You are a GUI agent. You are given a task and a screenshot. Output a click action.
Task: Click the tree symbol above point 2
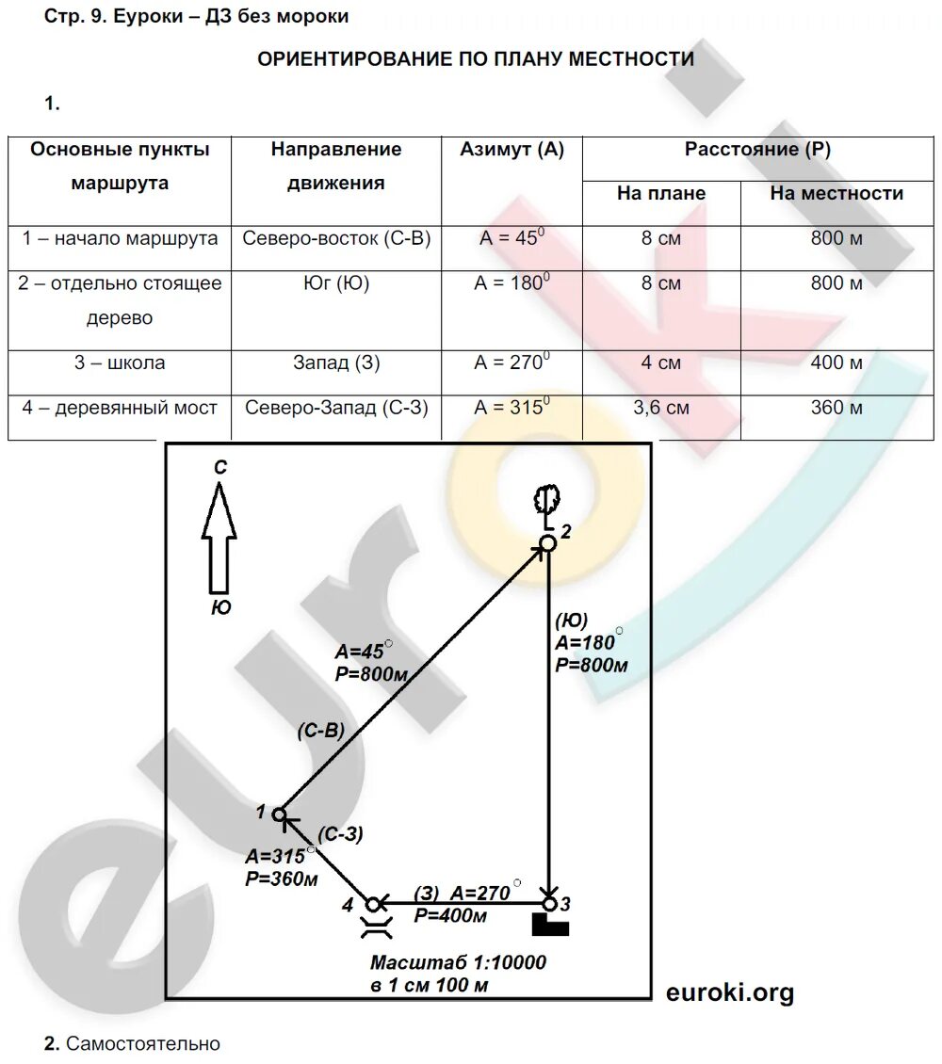point(546,500)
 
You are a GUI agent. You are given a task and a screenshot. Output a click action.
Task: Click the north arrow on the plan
point(219,537)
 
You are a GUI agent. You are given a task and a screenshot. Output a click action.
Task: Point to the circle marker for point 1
point(279,814)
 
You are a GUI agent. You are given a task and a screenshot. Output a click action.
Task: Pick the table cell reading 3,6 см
point(660,408)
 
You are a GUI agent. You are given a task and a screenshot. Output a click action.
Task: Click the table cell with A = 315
point(512,408)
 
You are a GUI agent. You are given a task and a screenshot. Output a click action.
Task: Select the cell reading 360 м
point(836,408)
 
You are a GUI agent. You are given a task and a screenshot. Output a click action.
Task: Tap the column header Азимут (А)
point(512,150)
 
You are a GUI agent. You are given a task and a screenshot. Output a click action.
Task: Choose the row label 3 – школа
point(120,363)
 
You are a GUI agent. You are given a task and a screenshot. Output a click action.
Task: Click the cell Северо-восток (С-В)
point(336,238)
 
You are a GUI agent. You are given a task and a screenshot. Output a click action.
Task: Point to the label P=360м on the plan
point(281,880)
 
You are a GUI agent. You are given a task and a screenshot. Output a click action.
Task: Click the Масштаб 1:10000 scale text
point(458,963)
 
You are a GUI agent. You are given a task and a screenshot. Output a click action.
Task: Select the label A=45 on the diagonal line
point(362,652)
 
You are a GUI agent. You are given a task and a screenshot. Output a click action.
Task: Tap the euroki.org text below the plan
point(730,992)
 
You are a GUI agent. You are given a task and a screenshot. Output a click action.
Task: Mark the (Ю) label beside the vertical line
point(571,620)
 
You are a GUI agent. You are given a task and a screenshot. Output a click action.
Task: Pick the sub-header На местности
point(836,194)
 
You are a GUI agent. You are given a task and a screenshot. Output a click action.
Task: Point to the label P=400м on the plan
point(450,916)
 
